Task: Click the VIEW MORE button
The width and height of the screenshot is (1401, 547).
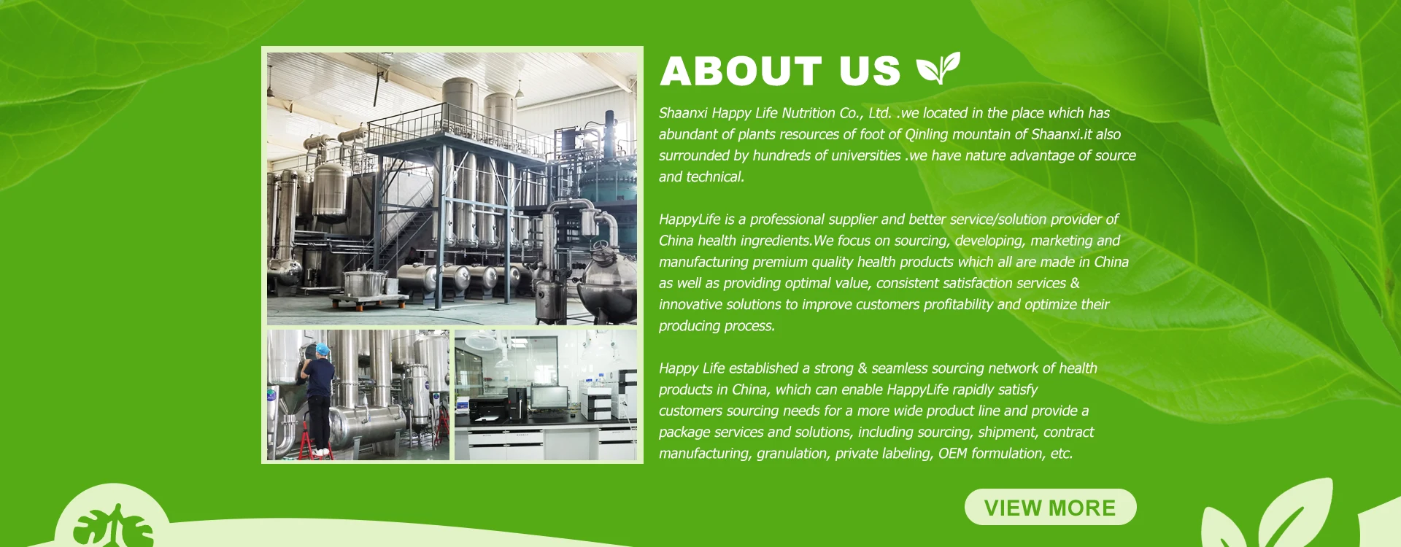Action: click(1050, 507)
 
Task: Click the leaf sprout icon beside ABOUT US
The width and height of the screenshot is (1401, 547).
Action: click(938, 69)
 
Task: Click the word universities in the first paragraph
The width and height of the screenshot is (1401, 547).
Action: click(865, 155)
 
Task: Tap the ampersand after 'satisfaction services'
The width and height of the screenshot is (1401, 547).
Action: click(1075, 283)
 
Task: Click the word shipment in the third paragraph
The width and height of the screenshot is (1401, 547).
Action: click(1007, 432)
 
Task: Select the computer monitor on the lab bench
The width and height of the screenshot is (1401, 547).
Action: click(549, 398)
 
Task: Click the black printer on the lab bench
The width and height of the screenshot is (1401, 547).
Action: click(487, 408)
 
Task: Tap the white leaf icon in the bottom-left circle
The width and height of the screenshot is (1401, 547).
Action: click(113, 526)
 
